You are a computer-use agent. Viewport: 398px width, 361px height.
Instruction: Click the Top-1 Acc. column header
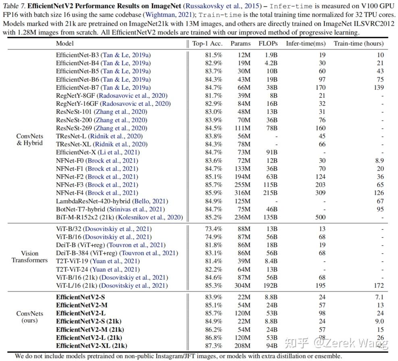point(207,43)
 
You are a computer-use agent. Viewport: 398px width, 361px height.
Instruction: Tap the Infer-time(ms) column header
point(306,43)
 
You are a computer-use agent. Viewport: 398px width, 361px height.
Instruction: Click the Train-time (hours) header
point(359,43)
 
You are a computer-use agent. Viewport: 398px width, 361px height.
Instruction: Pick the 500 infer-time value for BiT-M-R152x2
point(320,217)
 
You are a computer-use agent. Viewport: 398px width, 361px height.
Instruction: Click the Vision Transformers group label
point(29,257)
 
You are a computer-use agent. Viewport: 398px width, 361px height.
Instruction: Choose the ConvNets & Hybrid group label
point(29,140)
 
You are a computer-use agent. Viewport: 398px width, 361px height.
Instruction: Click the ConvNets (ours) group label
point(29,317)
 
